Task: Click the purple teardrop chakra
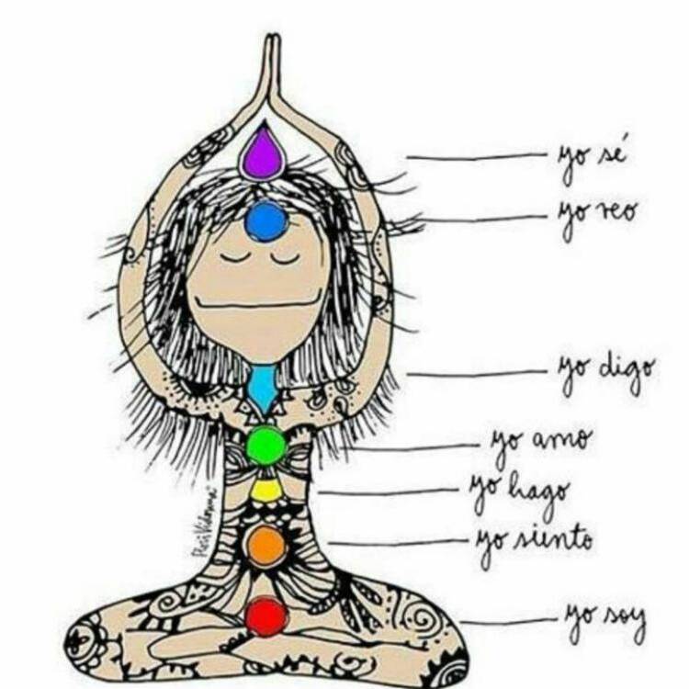(x=263, y=154)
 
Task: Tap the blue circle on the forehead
(x=266, y=221)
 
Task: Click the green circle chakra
(x=266, y=446)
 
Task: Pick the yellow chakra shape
(x=267, y=490)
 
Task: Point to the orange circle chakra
(x=266, y=545)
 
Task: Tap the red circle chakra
(x=267, y=616)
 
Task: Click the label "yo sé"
(x=592, y=161)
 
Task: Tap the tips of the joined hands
(x=271, y=41)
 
